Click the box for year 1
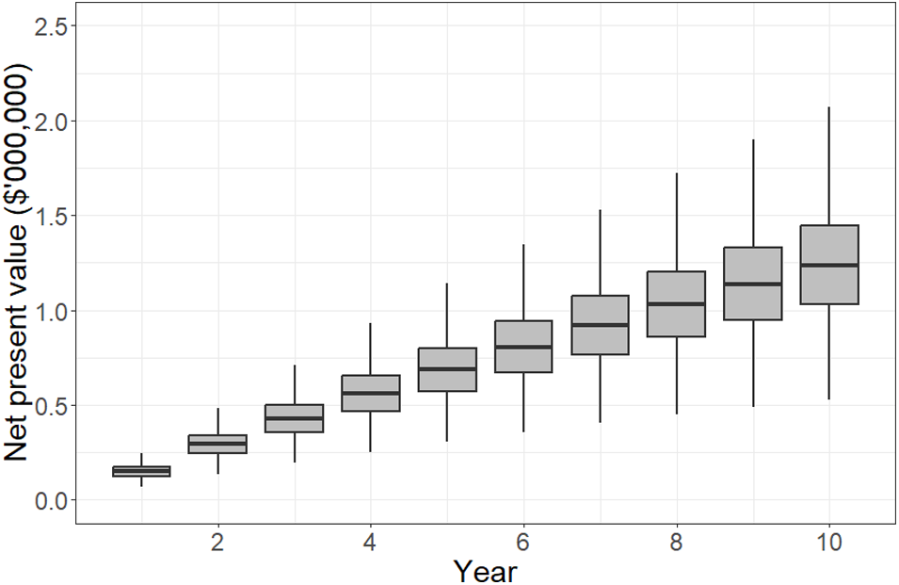[141, 471]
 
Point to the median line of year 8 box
[676, 303]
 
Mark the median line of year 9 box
[752, 284]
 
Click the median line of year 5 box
[447, 368]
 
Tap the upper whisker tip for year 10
[828, 107]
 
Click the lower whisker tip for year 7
[600, 422]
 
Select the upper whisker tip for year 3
[295, 366]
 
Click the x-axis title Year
[485, 569]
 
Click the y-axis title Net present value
[19, 264]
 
